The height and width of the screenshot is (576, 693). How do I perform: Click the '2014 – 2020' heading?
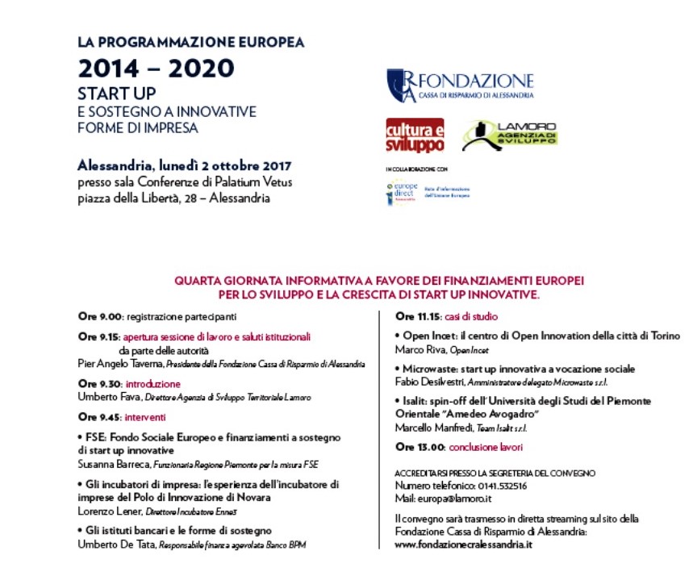click(x=155, y=68)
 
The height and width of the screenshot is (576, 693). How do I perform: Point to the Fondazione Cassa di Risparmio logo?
click(x=460, y=85)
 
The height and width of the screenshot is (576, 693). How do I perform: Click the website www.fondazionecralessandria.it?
click(x=464, y=545)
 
